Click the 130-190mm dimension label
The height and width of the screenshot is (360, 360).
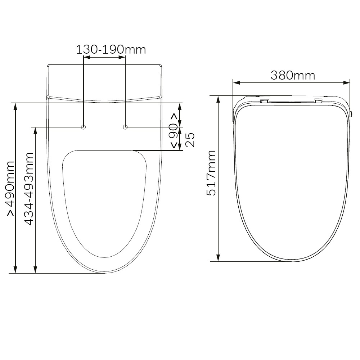coord(111,50)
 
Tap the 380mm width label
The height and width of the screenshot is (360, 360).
coord(293,75)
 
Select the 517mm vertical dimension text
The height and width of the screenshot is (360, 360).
coord(211,173)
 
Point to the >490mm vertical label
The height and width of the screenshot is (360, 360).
coord(10,189)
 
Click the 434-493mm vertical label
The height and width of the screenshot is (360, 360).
coord(29,189)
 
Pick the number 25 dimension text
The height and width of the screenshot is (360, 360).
coord(190,140)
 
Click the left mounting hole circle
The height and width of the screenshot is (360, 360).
coord(84,127)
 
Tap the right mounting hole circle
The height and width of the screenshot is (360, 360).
coord(125,127)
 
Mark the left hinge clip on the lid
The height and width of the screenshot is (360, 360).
coord(264,100)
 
